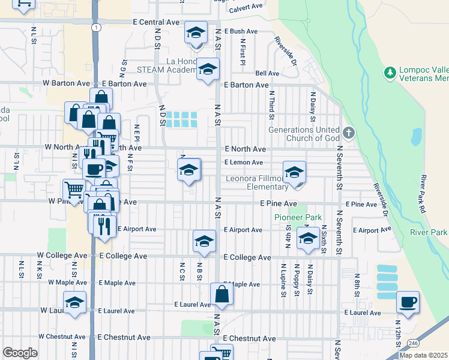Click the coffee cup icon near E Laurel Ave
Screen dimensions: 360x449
[x=408, y=301]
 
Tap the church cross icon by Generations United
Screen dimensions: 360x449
[x=348, y=132]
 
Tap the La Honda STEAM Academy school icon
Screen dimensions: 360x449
[x=208, y=70]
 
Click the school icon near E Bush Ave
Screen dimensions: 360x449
[x=195, y=32]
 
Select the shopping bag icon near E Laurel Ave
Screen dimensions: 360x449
[x=222, y=294]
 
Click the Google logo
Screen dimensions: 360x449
[x=20, y=353]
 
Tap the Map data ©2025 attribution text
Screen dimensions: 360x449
[x=423, y=355]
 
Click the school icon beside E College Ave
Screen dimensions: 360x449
[x=204, y=241]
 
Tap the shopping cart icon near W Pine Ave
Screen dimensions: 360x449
[x=74, y=190]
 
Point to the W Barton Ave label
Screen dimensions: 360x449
[x=66, y=84]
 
